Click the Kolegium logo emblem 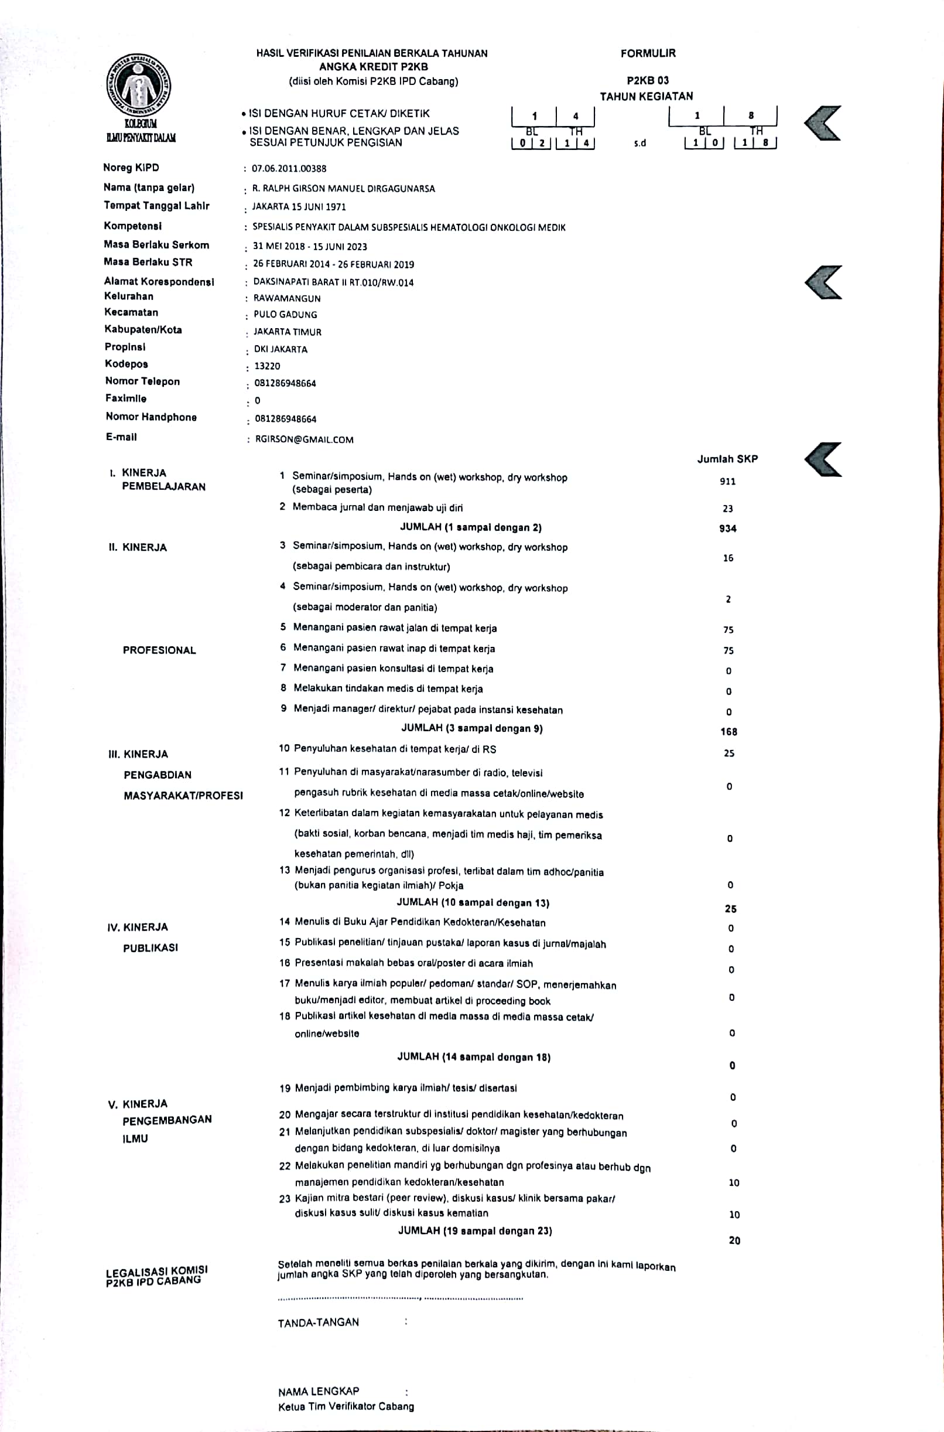[x=139, y=84]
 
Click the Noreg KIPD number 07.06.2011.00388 [x=289, y=169]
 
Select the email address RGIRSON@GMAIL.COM [x=304, y=439]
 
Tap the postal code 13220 [x=266, y=366]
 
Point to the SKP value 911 [x=727, y=482]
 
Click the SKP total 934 [x=727, y=529]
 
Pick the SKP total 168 [x=728, y=732]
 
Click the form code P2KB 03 [x=647, y=80]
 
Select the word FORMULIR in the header [x=648, y=53]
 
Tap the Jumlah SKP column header [x=727, y=459]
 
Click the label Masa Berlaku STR [x=148, y=262]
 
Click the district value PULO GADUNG [x=285, y=314]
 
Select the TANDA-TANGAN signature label [x=318, y=1322]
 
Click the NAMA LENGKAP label [x=319, y=1392]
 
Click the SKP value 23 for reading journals [x=728, y=509]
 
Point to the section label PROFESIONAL [x=159, y=650]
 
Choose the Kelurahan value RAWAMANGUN [x=287, y=298]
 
